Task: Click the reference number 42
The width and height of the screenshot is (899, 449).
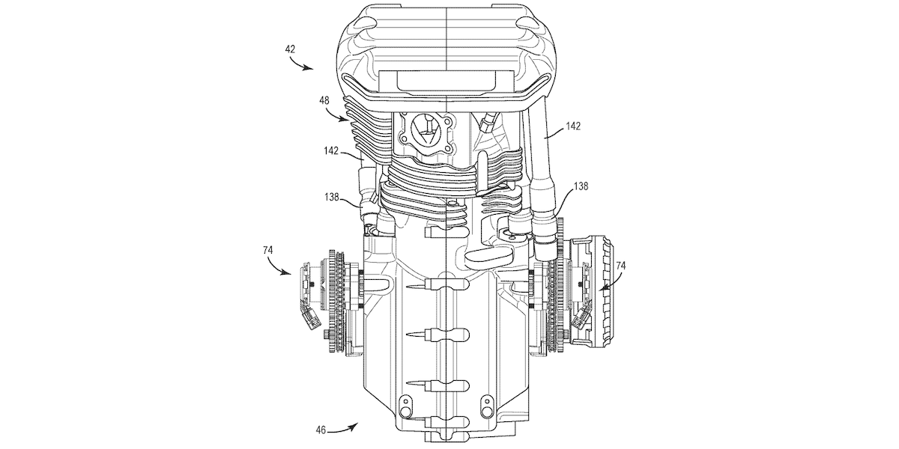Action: point(290,49)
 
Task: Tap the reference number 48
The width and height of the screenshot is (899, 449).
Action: point(324,100)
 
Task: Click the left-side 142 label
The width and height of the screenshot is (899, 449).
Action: point(331,151)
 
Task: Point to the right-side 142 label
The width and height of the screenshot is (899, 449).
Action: point(573,126)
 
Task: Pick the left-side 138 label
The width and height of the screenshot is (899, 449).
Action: point(332,198)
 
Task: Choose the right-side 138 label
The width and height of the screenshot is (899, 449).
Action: point(581,186)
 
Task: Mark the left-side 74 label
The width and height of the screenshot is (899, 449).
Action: point(267,250)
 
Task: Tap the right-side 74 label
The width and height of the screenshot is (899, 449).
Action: point(620,266)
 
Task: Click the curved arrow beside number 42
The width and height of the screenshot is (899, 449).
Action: point(300,64)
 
